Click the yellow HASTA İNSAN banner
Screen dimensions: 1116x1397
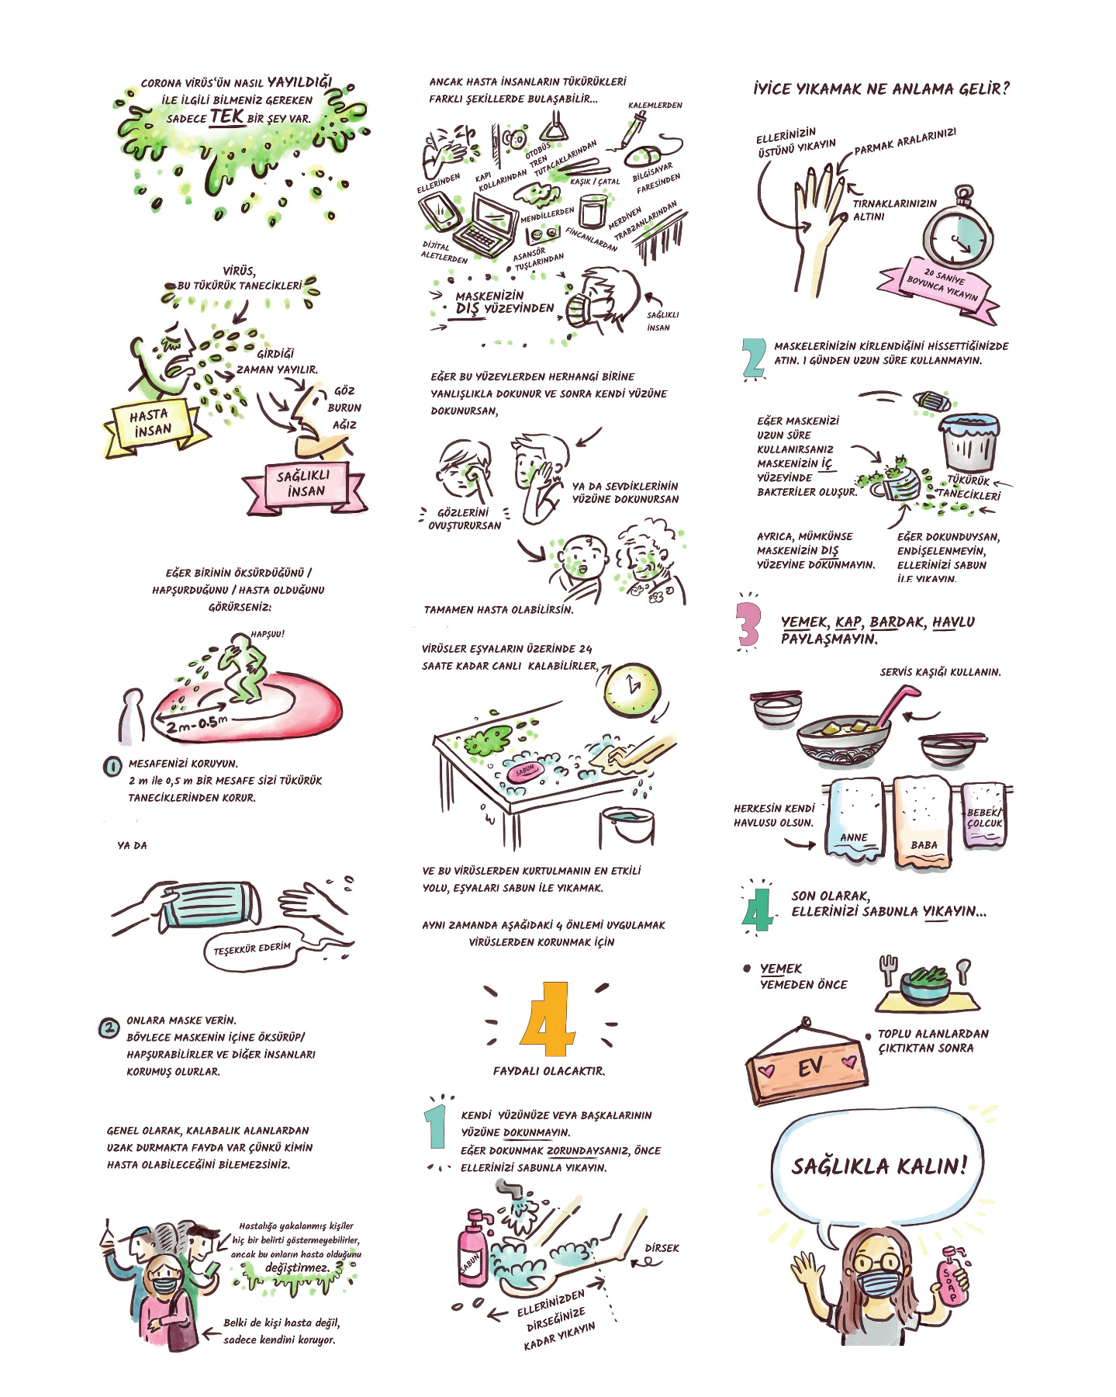(x=155, y=425)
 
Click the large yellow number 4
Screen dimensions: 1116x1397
(x=548, y=1019)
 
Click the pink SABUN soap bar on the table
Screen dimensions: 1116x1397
(x=526, y=770)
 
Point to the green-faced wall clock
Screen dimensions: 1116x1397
(x=631, y=688)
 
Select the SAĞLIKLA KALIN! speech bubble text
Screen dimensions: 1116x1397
(x=879, y=1165)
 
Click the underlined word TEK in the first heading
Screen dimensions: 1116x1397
(x=227, y=116)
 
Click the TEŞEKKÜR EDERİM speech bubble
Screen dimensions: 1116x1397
(x=252, y=948)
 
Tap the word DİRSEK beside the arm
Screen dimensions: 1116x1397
(x=662, y=1248)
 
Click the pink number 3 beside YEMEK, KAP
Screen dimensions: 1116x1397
(x=748, y=624)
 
